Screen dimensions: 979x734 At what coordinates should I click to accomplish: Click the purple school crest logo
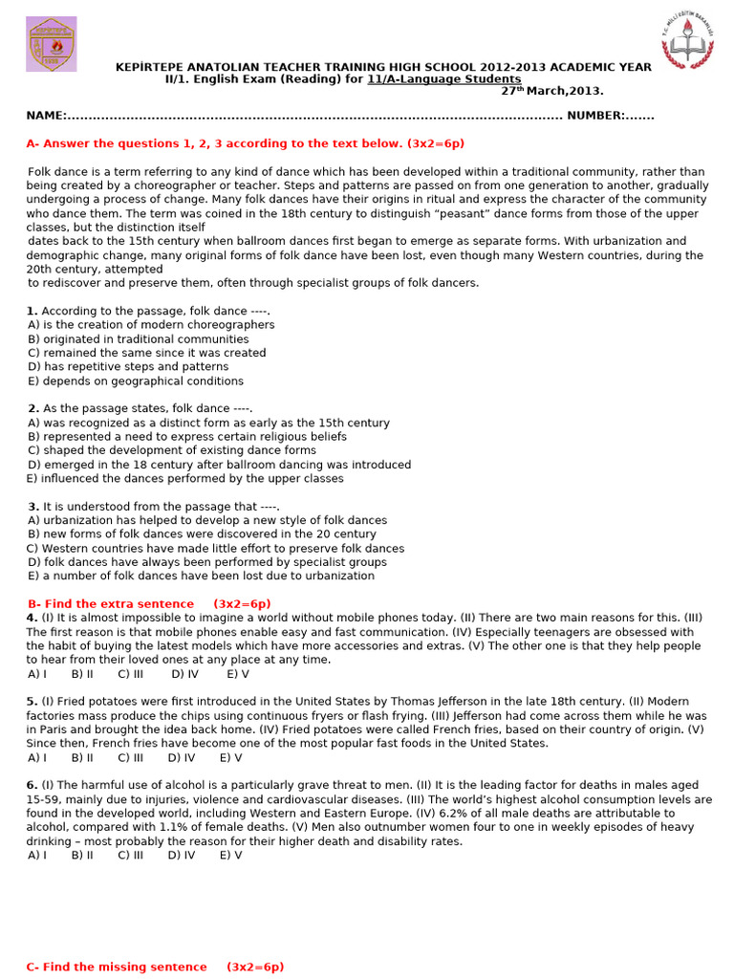52,44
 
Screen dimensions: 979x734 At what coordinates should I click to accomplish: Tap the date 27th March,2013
552,92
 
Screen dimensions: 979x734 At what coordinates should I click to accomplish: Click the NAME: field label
46,116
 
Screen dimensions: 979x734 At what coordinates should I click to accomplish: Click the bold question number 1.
32,311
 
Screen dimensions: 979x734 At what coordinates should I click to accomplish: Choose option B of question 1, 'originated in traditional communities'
139,338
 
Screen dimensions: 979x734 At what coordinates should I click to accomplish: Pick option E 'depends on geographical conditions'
136,381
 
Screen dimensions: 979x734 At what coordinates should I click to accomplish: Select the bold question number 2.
32,408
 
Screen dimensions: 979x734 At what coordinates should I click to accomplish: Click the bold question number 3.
32,507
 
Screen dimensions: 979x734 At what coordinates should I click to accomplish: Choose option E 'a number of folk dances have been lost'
201,576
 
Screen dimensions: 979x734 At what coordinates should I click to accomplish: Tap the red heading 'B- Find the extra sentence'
149,604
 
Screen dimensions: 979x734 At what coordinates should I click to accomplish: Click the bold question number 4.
32,618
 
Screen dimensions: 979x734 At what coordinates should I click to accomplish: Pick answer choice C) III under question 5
131,757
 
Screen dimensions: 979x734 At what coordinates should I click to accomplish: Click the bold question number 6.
32,785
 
